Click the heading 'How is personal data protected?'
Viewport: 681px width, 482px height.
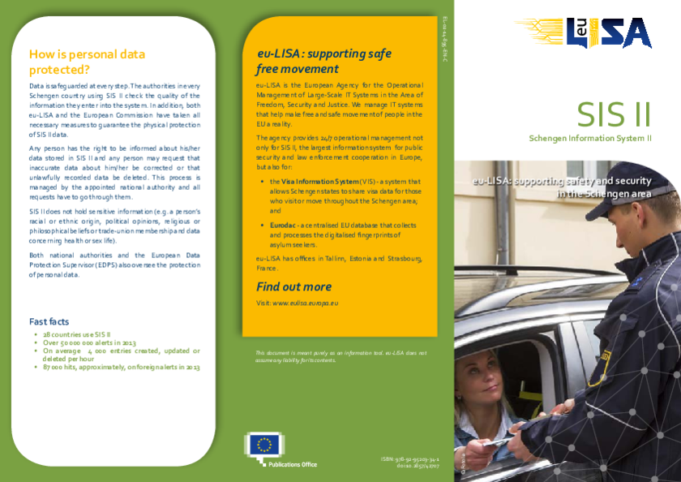(x=87, y=62)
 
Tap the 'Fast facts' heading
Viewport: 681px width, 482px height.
(x=49, y=321)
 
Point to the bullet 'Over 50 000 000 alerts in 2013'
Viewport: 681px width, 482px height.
(x=89, y=342)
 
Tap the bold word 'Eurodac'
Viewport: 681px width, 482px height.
(x=283, y=223)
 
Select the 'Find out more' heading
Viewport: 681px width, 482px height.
(x=293, y=286)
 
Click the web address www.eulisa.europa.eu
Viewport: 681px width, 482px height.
(x=306, y=303)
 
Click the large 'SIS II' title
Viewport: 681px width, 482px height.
(x=614, y=115)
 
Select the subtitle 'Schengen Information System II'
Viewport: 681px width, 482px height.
(x=590, y=139)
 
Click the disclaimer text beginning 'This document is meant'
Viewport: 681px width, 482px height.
(x=340, y=356)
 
